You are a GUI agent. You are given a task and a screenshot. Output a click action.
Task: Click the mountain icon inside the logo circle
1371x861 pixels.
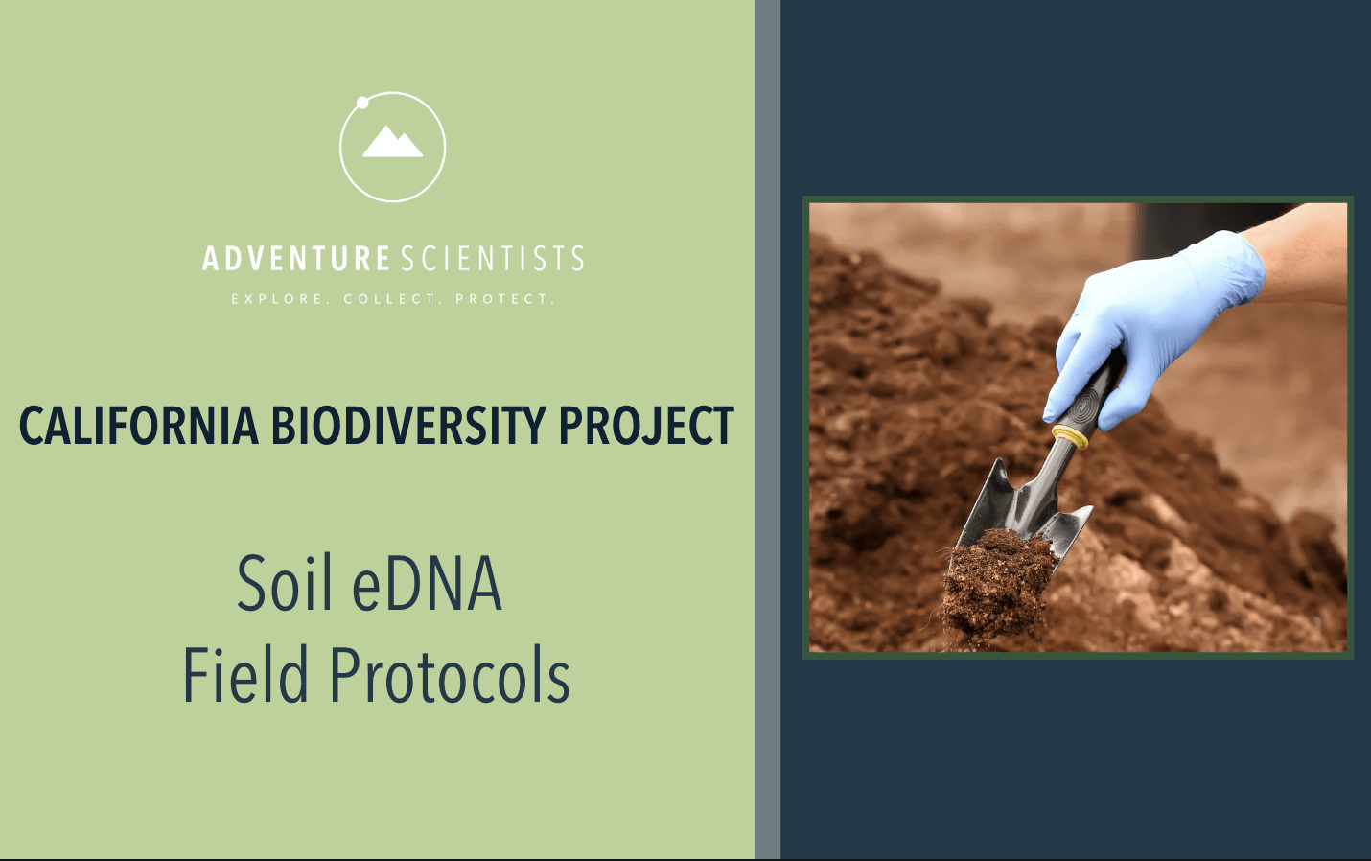tap(392, 142)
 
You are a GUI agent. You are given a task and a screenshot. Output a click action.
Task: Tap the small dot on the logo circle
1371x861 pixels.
tap(362, 103)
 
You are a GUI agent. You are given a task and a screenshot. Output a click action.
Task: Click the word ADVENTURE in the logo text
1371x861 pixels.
tap(295, 258)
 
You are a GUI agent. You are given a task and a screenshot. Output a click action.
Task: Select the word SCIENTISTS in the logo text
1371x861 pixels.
tap(493, 258)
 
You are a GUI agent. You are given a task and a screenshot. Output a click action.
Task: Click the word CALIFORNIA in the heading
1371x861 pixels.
tap(139, 426)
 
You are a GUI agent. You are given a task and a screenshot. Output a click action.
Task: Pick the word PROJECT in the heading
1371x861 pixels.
tap(646, 426)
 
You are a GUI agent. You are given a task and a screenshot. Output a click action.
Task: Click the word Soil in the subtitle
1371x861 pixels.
tap(285, 583)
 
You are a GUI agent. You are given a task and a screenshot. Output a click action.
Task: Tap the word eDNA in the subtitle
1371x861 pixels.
tap(428, 583)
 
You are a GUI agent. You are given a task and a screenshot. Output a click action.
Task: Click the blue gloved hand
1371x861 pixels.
tap(1150, 324)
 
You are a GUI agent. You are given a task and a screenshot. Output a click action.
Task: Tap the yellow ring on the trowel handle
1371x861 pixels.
tap(1071, 435)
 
